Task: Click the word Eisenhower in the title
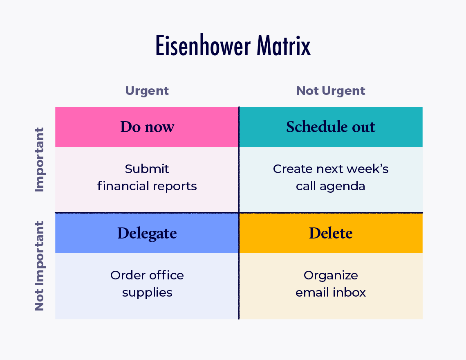[204, 46]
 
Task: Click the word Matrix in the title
[284, 46]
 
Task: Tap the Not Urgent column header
[331, 91]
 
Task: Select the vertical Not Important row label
[39, 266]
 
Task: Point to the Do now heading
[147, 127]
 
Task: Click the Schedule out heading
[331, 127]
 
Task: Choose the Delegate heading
[147, 233]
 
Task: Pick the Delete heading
[331, 233]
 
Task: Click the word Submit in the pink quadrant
[147, 169]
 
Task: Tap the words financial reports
[147, 187]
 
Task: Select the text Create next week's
[331, 169]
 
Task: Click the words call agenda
[331, 187]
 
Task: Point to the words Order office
[147, 275]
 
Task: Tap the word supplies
[147, 293]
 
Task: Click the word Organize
[331, 275]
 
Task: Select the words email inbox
[331, 293]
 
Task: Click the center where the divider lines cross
[239, 213]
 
